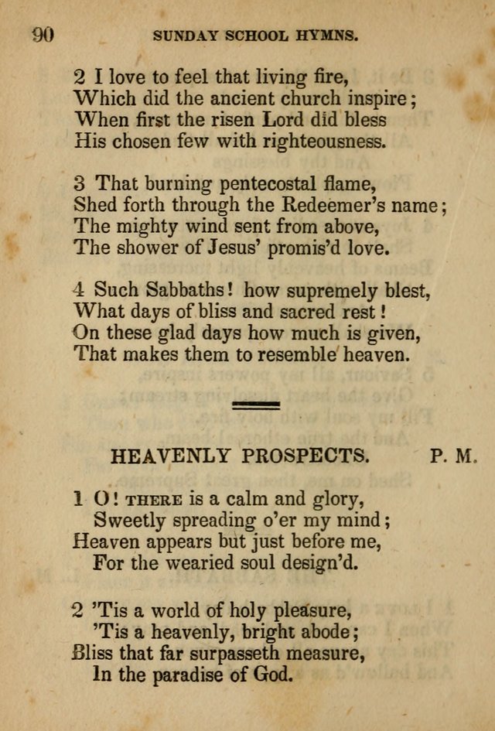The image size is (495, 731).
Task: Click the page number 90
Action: point(43,33)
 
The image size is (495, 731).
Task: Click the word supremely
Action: point(315,291)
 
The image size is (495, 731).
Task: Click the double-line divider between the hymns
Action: point(255,405)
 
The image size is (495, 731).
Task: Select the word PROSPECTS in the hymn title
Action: point(304,456)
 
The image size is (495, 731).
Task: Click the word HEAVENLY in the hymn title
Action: point(169,456)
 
